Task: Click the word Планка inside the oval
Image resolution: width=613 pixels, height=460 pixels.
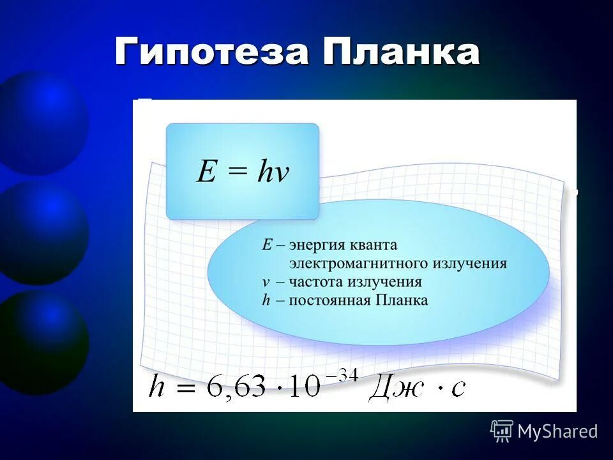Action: pos(400,300)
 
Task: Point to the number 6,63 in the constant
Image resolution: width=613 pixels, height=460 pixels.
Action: pos(236,387)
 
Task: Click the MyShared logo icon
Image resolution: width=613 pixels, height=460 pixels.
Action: pos(502,431)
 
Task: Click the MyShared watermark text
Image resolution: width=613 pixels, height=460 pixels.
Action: pos(557,432)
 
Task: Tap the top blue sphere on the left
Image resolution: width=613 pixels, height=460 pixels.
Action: pos(45,121)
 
